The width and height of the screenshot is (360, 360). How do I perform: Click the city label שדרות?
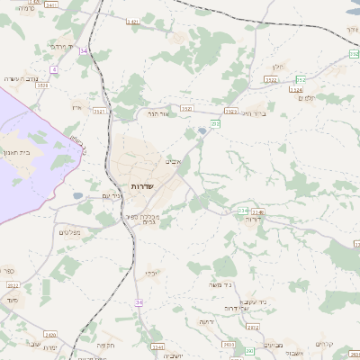(143, 185)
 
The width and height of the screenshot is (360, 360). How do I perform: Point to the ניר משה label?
(220, 284)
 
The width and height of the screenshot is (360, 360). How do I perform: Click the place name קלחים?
(325, 345)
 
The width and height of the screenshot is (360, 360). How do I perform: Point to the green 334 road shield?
(243, 211)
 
